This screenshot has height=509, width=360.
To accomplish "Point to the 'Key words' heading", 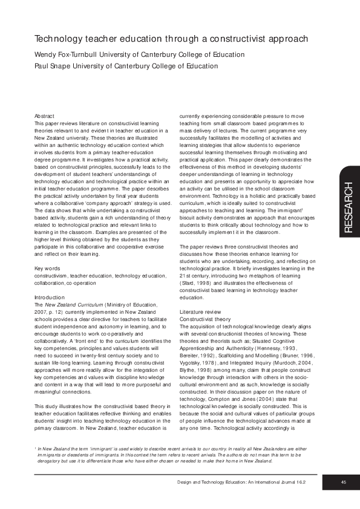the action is click(x=47, y=268).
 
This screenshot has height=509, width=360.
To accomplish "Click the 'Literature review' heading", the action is click(x=203, y=311).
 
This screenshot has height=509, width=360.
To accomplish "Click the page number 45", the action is click(x=343, y=482).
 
